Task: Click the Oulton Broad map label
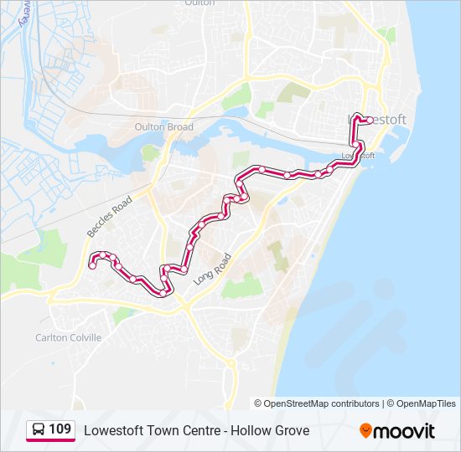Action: coord(163,127)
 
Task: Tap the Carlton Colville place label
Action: coord(68,337)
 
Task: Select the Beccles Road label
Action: coord(110,217)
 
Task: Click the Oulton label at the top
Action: coord(198,3)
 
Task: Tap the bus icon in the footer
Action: coord(39,430)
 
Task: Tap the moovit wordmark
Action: coord(405,431)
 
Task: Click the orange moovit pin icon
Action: coord(365,430)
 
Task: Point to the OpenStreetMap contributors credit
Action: coord(321,403)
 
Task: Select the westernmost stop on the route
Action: coord(92,266)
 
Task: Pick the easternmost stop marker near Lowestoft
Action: coord(370,120)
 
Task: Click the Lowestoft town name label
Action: coord(378,120)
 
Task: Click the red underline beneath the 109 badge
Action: coord(50,441)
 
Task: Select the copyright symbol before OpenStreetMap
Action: coord(258,403)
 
